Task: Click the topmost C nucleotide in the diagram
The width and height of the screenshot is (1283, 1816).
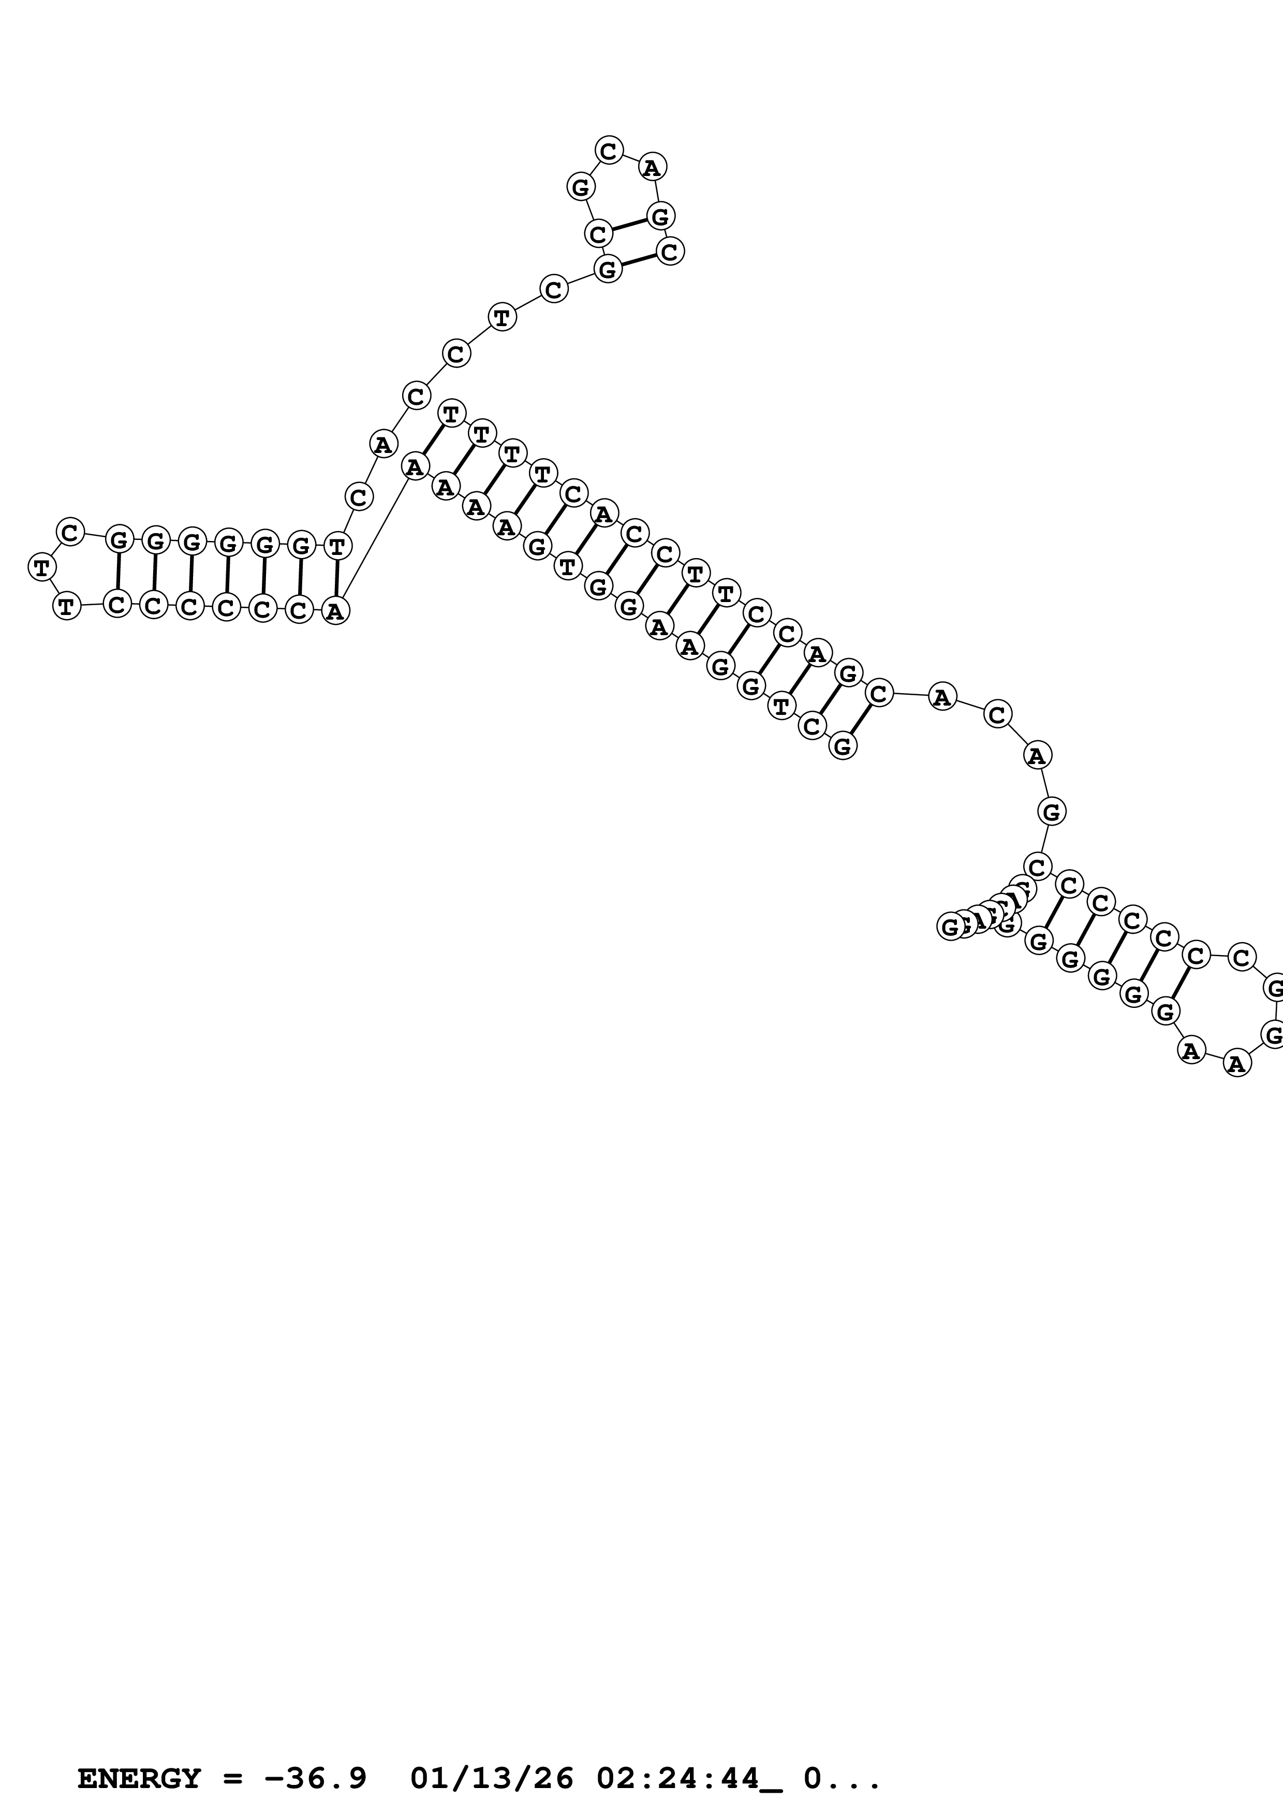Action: (x=609, y=150)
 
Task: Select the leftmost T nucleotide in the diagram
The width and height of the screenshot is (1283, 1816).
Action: (x=41, y=567)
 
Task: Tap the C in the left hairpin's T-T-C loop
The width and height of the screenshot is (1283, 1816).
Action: (x=70, y=532)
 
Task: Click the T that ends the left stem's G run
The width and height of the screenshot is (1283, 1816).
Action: (x=337, y=546)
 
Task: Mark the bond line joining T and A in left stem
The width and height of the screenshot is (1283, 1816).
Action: (x=337, y=578)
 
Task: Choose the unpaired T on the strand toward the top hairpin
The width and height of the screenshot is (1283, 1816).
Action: (x=502, y=318)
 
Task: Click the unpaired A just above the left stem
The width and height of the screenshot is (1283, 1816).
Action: (x=382, y=445)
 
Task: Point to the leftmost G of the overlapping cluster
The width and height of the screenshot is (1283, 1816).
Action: (x=950, y=926)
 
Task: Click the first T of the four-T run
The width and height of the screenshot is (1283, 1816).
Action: (x=451, y=413)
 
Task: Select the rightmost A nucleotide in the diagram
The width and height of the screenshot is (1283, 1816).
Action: (x=1237, y=1064)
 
